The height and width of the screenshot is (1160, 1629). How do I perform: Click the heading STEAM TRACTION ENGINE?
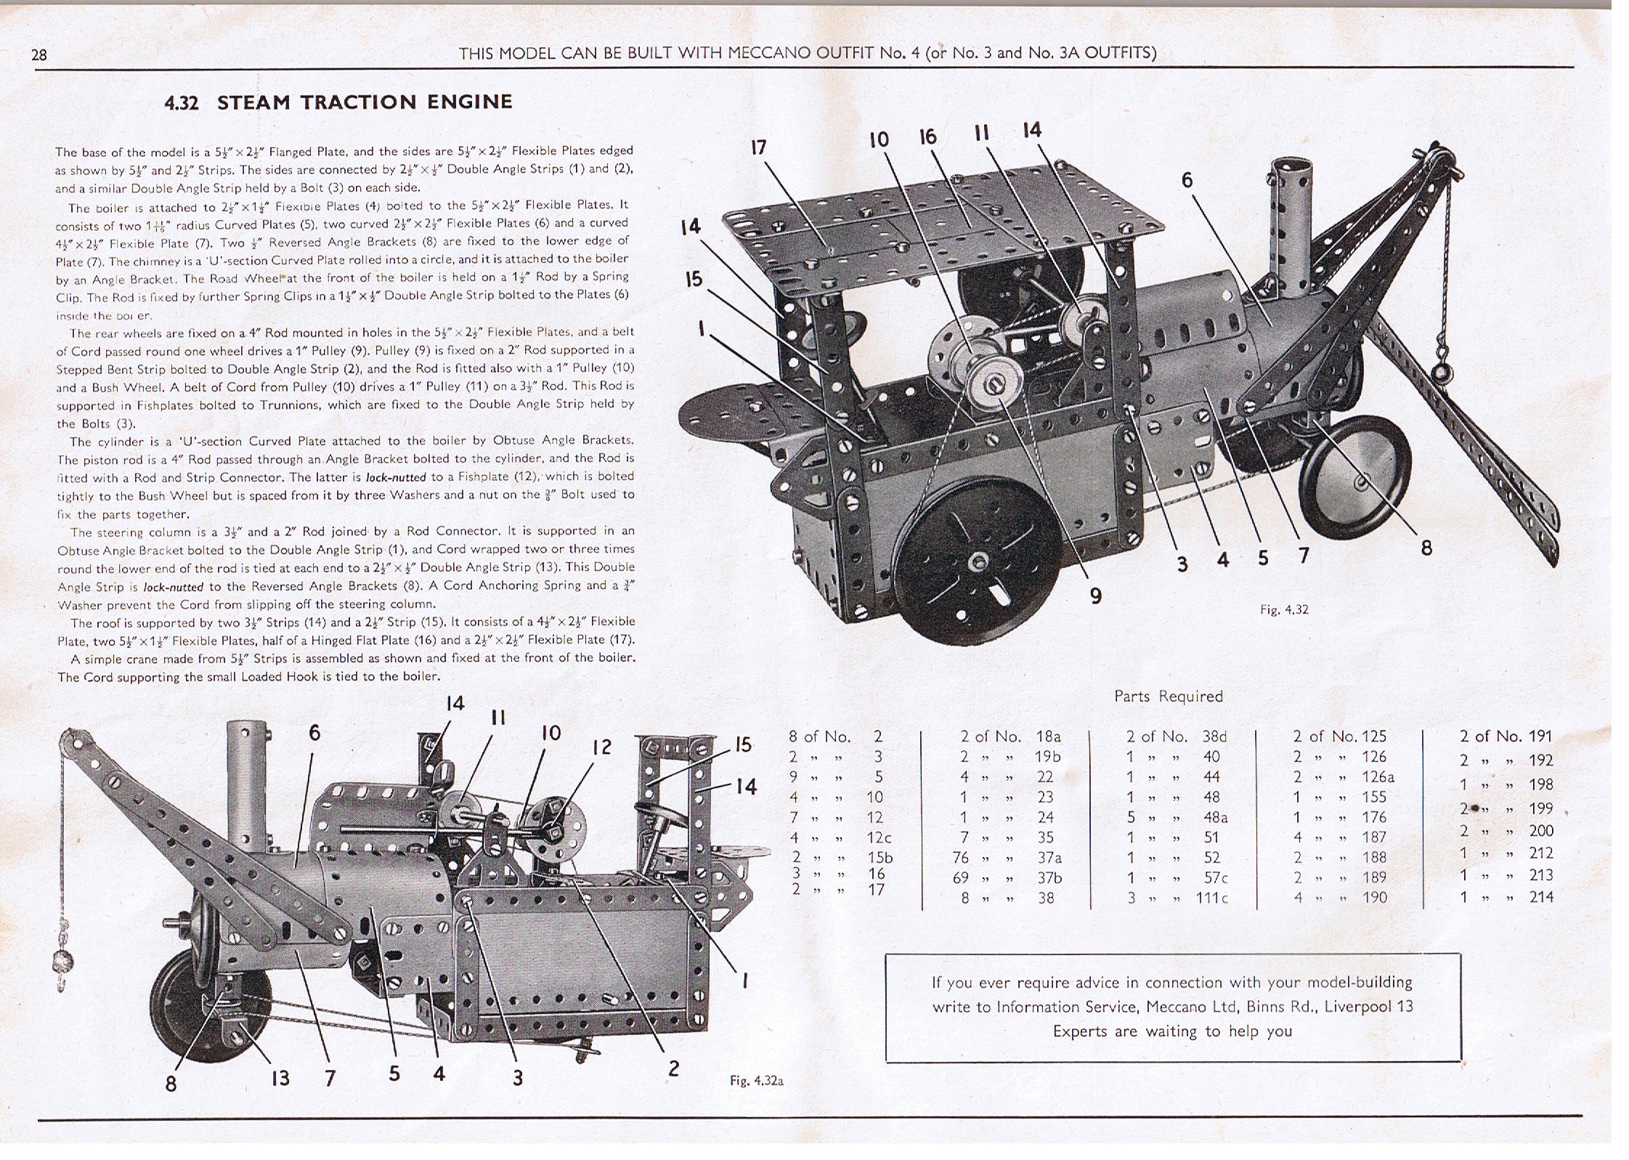point(365,102)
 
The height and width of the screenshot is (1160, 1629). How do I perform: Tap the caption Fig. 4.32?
point(1284,609)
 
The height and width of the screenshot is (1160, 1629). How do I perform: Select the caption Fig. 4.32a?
point(756,1081)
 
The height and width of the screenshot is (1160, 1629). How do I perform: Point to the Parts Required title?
point(1168,696)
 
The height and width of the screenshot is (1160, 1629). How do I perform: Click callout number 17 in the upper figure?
point(758,148)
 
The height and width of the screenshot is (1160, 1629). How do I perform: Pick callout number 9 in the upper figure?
point(1095,596)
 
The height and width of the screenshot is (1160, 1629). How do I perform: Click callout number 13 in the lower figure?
point(280,1079)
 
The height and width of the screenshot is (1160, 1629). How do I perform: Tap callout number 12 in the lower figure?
point(602,747)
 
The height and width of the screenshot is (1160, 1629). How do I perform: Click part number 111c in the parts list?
point(1211,898)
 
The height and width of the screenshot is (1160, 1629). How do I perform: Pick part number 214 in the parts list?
point(1540,897)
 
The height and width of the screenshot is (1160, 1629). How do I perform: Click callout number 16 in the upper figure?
point(927,137)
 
